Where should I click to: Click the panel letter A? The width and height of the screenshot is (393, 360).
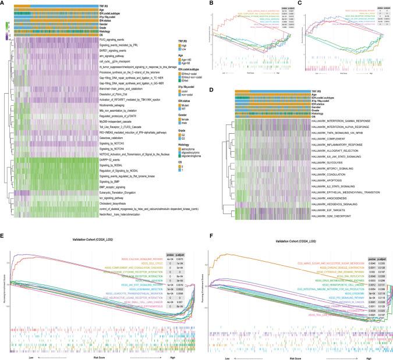coord(3,3)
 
